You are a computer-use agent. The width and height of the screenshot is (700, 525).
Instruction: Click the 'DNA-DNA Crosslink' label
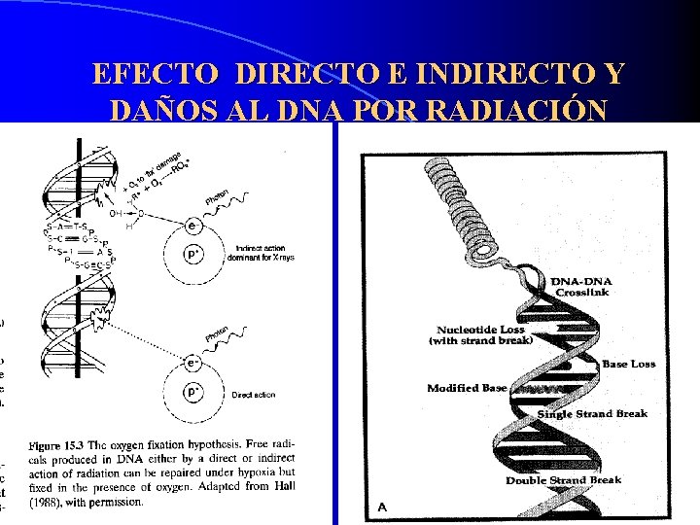pos(583,287)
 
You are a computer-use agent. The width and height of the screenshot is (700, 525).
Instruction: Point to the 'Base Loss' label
pos(628,364)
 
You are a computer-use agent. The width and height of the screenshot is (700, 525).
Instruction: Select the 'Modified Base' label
pos(467,388)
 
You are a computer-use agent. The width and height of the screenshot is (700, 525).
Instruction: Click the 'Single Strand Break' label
pos(592,414)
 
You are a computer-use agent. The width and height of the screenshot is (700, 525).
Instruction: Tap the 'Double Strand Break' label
pos(563,480)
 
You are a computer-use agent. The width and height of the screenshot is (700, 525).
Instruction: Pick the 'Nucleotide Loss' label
pos(480,331)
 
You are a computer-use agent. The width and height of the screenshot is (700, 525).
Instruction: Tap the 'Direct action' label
pos(254,396)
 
